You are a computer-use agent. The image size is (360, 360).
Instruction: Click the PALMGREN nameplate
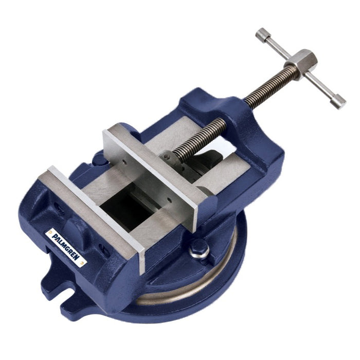(x=66, y=248)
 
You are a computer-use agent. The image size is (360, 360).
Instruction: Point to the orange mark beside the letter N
(x=82, y=262)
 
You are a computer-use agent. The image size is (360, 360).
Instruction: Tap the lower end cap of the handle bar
(x=338, y=101)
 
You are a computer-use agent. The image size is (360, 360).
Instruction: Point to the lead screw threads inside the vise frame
(x=199, y=139)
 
